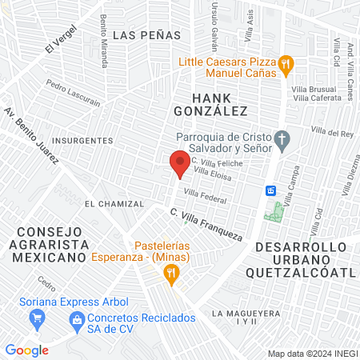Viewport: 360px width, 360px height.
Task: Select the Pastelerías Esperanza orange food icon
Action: [x=170, y=274]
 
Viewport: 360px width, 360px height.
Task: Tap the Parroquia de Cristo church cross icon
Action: [x=281, y=141]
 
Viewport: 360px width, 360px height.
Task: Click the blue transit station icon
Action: [x=271, y=190]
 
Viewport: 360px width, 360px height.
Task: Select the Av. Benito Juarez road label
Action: [x=30, y=136]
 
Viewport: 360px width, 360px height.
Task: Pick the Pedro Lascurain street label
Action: [x=73, y=93]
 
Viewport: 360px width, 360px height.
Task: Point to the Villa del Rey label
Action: [x=331, y=132]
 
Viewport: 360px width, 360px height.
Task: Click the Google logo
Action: [x=26, y=350]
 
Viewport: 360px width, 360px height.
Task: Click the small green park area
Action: [x=278, y=212]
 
